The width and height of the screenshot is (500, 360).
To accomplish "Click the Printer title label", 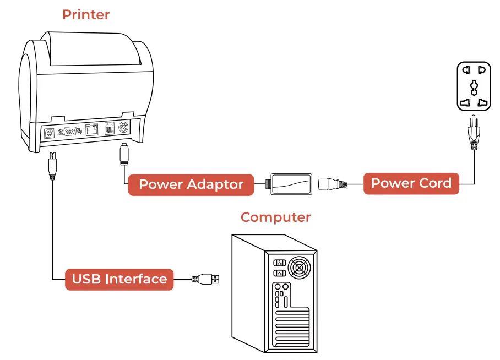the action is pyautogui.click(x=86, y=15).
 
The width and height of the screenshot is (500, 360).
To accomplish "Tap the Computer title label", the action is pyautogui.click(x=275, y=217).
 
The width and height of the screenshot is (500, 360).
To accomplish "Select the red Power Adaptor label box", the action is pyautogui.click(x=191, y=184).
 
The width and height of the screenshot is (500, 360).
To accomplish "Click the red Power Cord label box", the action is pyautogui.click(x=411, y=183).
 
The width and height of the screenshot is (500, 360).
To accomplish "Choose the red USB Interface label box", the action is pyautogui.click(x=119, y=279).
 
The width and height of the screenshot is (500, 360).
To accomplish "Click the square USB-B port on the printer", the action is pyautogui.click(x=49, y=133).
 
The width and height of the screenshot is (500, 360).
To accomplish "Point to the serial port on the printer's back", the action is pyautogui.click(x=69, y=131).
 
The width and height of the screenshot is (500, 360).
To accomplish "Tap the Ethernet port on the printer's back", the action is pyautogui.click(x=92, y=129).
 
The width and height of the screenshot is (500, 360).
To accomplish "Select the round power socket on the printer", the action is pyautogui.click(x=124, y=127).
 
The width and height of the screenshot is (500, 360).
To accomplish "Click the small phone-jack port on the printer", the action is pyautogui.click(x=109, y=128).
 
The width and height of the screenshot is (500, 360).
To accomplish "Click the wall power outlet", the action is pyautogui.click(x=474, y=86).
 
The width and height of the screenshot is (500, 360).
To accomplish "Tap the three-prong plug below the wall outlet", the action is pyautogui.click(x=474, y=132).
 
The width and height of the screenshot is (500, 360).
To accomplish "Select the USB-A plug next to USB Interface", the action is pyautogui.click(x=205, y=279).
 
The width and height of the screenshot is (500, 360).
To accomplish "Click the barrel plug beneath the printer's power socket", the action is pyautogui.click(x=124, y=154).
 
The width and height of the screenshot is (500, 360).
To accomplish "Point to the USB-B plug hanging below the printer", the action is pyautogui.click(x=53, y=166).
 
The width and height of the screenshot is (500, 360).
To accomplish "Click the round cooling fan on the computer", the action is pyautogui.click(x=299, y=267).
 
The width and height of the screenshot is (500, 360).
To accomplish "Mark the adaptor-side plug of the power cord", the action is pyautogui.click(x=332, y=184).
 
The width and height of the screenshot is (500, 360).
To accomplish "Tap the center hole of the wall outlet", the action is pyautogui.click(x=474, y=88).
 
